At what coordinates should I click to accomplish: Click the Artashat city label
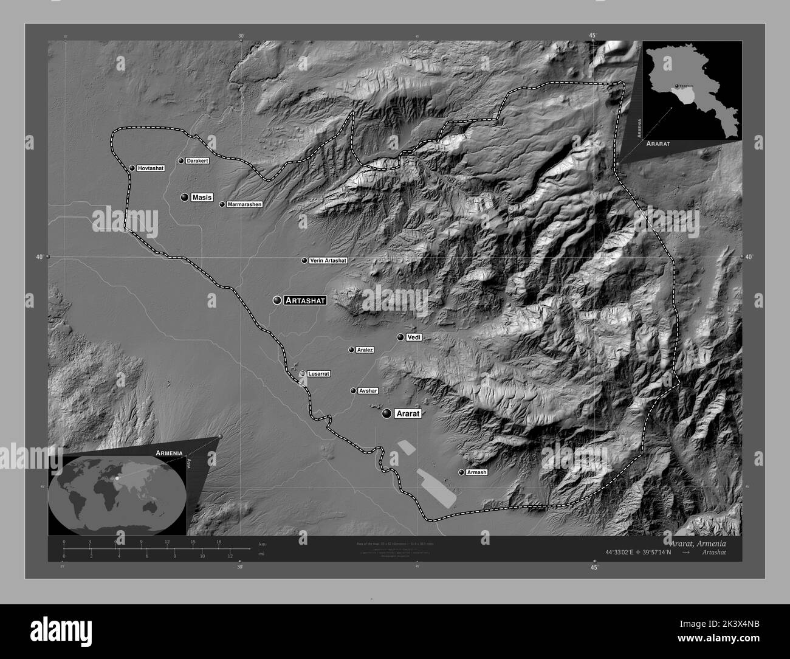[306, 300]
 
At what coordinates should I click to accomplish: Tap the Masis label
[202, 198]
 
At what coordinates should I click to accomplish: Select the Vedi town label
[414, 337]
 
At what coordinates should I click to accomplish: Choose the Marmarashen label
[244, 205]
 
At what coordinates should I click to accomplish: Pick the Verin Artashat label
[328, 261]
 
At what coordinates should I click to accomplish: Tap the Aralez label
[365, 350]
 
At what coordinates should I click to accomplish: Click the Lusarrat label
[318, 374]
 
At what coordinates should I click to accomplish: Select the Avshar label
[368, 391]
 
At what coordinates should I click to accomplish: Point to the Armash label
[476, 472]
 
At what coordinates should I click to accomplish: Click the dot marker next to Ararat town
[387, 413]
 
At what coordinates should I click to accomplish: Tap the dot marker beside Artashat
[278, 300]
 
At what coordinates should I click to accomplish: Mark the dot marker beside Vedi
[400, 337]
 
